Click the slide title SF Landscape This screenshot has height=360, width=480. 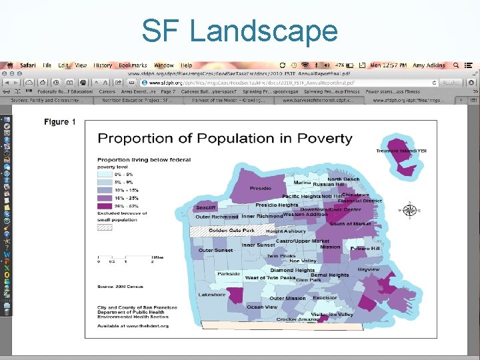(x=239, y=31)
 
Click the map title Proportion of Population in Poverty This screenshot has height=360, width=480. (x=225, y=139)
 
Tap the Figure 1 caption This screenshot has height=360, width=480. (x=60, y=122)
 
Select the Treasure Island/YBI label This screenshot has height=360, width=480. (x=401, y=151)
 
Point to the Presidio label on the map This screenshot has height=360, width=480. (x=260, y=189)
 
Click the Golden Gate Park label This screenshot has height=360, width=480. (x=231, y=231)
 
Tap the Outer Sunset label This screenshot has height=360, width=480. (x=215, y=250)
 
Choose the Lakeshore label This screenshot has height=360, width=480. (x=212, y=294)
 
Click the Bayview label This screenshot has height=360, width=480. (x=368, y=270)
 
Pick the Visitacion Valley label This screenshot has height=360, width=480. (x=332, y=314)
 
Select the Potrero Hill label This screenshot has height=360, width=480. (x=365, y=249)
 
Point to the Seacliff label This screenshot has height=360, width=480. (x=205, y=208)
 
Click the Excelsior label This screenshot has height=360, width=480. (x=325, y=298)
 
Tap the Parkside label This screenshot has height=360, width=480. (x=229, y=274)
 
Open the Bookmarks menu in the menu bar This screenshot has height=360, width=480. (x=133, y=65)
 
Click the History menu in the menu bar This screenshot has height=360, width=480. (x=103, y=65)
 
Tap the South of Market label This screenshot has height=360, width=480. (x=350, y=224)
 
